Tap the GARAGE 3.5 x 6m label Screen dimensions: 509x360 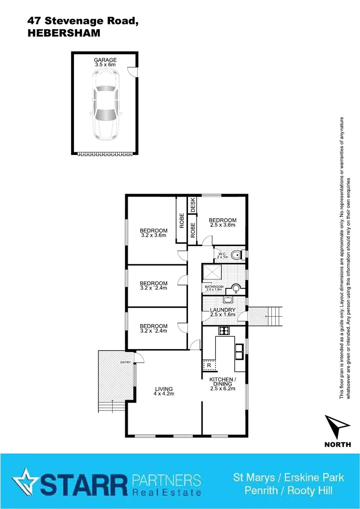point(105,62)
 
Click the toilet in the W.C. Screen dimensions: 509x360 point(237,255)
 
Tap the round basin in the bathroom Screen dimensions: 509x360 point(236,289)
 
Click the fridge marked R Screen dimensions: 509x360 point(209,364)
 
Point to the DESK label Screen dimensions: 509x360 point(193,205)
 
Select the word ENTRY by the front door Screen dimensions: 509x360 point(125,362)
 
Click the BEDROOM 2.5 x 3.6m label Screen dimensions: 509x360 point(222,222)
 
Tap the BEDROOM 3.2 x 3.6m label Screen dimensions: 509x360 point(154,233)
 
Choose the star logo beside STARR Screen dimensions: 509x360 point(24,481)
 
